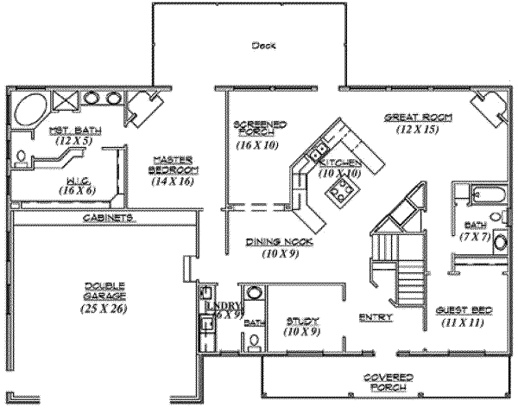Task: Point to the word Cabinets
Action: (x=108, y=218)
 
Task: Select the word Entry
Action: (x=376, y=317)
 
